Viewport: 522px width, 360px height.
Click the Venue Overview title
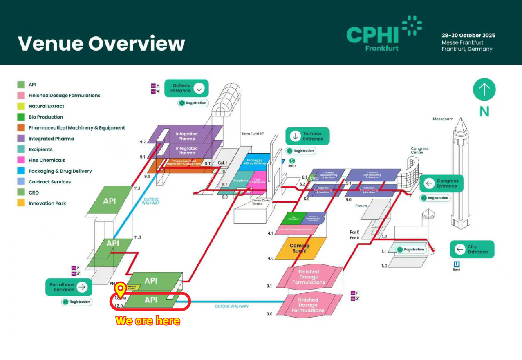point(101,43)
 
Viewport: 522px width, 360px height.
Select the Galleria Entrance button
point(186,88)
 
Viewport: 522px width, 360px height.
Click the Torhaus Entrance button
point(307,136)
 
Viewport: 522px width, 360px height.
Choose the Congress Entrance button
point(441,183)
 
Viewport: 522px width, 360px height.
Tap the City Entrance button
point(472,249)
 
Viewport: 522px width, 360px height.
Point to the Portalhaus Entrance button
point(68,287)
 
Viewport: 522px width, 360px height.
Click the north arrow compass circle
point(484,89)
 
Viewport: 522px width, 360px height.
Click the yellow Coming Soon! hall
point(300,248)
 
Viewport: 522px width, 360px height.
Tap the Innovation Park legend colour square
point(21,203)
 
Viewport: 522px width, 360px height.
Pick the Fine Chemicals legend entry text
point(47,160)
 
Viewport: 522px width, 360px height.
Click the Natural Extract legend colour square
point(21,106)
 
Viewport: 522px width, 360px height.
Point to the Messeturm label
point(443,119)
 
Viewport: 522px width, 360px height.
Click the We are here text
point(148,321)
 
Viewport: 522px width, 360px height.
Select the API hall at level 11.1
point(110,201)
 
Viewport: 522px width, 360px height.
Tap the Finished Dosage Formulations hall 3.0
point(308,305)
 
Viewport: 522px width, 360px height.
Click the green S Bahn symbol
point(292,161)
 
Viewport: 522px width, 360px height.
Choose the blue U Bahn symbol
point(456,264)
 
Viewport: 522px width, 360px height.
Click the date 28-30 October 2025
point(468,35)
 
